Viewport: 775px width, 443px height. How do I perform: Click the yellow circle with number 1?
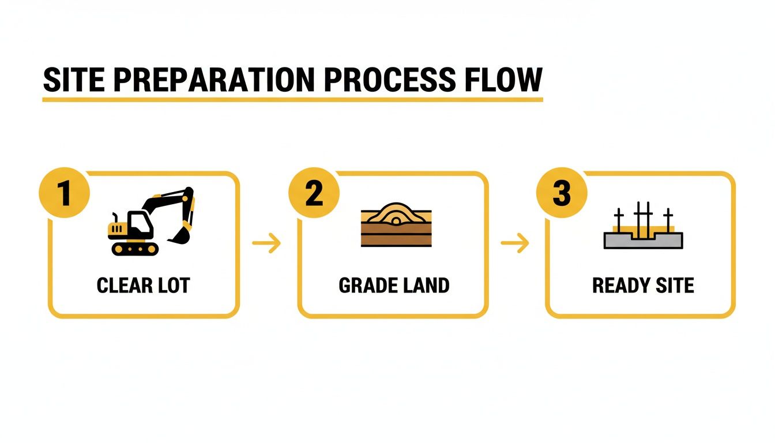point(64,193)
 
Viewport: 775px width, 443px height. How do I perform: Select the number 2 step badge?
point(314,193)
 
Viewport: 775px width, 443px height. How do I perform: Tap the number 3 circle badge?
point(561,193)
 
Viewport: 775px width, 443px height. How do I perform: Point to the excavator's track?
point(135,249)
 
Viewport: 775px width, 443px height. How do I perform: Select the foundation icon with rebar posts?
point(643,227)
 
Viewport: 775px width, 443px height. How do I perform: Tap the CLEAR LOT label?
point(143,286)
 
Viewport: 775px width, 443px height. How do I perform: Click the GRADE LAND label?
point(394,286)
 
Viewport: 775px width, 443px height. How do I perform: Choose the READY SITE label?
point(643,286)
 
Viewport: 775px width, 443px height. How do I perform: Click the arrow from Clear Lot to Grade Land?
point(267,243)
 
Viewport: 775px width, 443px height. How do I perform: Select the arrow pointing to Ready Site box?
point(515,243)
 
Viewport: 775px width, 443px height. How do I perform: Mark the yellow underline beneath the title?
point(292,100)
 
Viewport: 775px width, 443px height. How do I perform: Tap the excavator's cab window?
point(137,221)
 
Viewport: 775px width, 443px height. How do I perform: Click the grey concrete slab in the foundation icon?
point(643,241)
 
